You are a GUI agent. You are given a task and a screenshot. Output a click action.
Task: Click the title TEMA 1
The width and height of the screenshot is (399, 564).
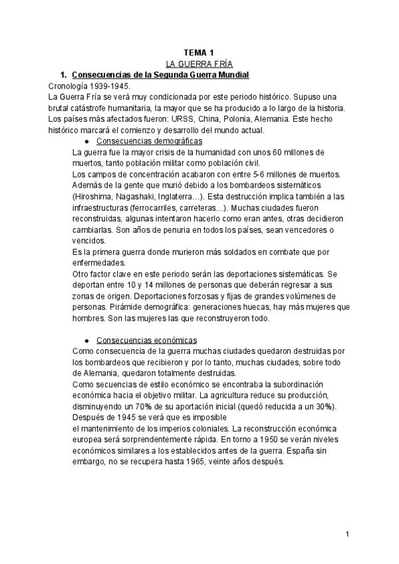click(199, 53)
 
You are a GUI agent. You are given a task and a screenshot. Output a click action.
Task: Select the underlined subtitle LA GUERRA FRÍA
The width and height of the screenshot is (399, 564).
click(199, 65)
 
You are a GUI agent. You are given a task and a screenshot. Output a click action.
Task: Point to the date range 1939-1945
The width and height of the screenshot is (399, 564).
click(110, 86)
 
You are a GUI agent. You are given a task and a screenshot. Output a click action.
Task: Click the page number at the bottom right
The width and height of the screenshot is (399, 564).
click(347, 535)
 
